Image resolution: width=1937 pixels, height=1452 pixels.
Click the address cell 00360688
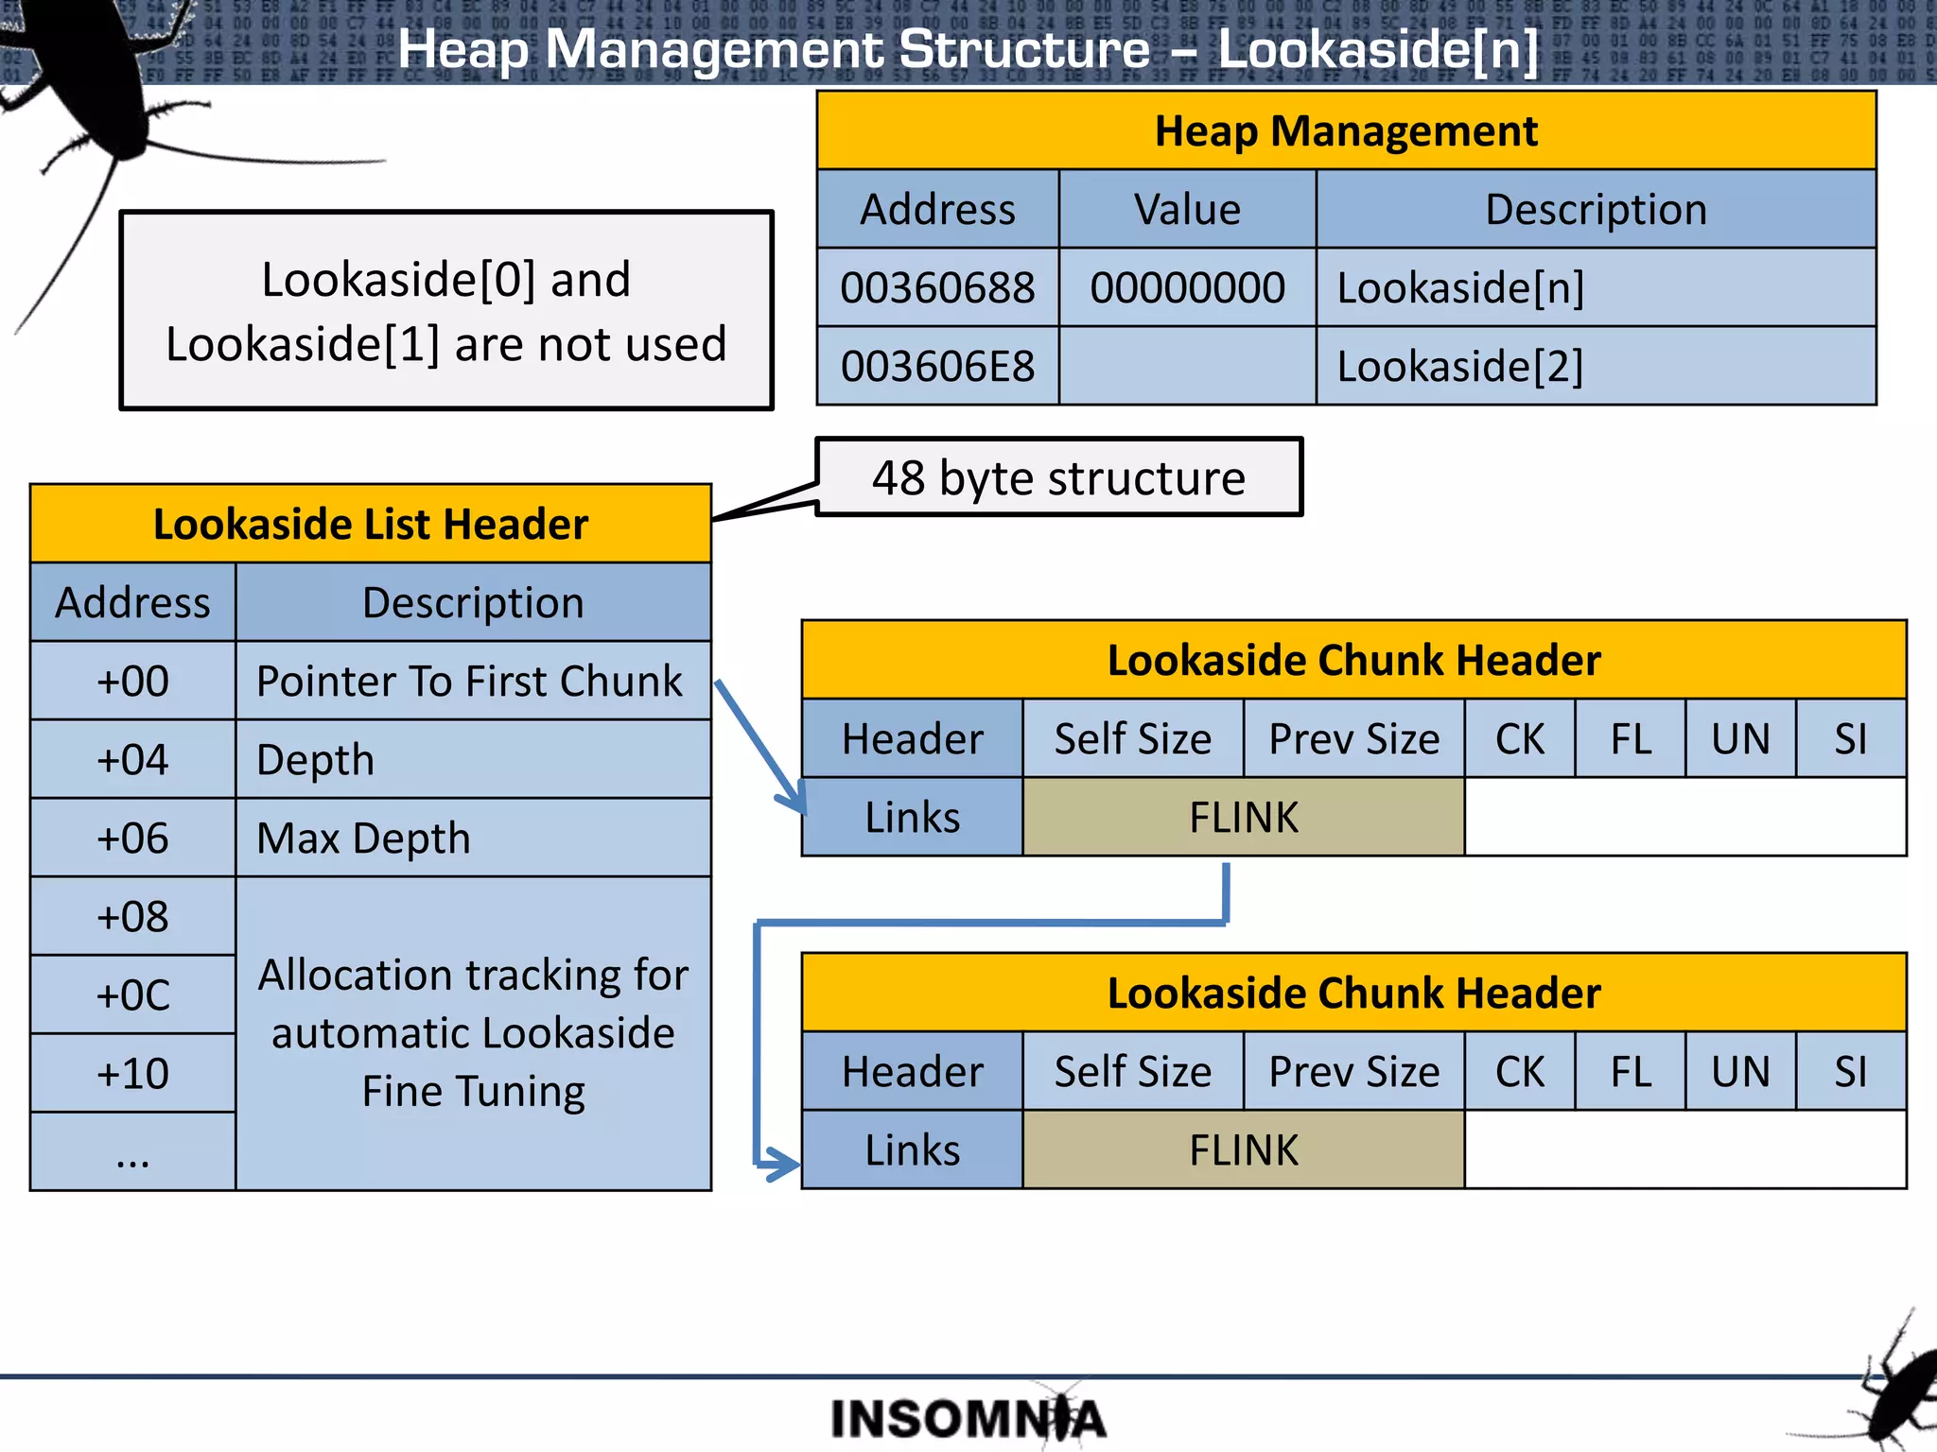point(937,287)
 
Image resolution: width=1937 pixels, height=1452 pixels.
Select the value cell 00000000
point(1187,287)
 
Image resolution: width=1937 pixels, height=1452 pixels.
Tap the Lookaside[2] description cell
point(1595,366)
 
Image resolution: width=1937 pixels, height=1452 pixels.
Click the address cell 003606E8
point(937,366)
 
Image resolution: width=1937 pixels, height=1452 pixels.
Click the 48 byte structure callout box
point(1058,477)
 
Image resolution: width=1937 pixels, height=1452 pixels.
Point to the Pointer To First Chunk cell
point(471,681)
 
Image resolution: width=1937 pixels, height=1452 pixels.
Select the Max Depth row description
point(471,838)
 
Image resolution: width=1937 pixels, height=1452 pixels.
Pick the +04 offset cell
point(132,759)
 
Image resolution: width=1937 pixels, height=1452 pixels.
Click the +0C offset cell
point(132,994)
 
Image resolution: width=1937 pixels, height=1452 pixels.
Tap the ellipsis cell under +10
point(132,1151)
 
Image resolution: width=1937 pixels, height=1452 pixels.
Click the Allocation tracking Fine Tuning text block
point(473,1032)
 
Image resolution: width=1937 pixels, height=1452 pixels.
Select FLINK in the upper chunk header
point(1243,818)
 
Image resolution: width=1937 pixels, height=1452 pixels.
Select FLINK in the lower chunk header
point(1243,1150)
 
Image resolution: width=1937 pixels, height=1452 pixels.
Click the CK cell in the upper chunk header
point(1519,739)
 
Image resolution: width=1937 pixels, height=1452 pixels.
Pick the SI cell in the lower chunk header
point(1850,1072)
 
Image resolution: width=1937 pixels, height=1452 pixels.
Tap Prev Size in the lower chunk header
point(1353,1072)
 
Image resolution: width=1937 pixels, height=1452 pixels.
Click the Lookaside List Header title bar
point(371,524)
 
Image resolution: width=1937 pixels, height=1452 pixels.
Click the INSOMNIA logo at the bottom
point(968,1418)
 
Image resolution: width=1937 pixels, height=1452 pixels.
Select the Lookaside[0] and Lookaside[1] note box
point(446,311)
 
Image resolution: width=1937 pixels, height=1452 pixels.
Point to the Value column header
point(1187,209)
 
